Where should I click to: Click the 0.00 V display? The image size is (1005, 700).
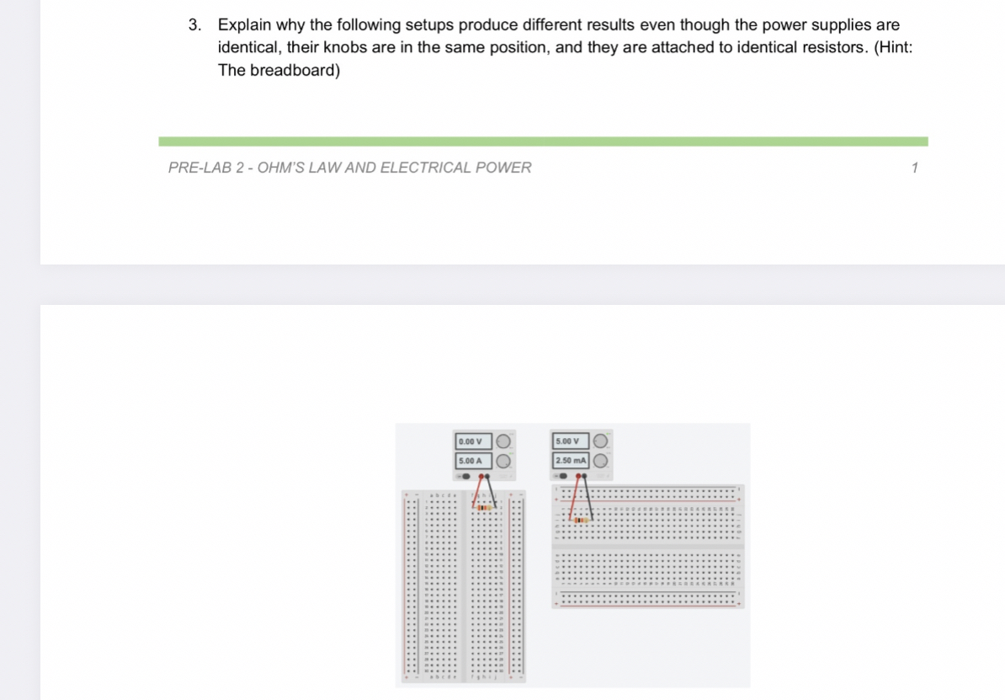pos(471,441)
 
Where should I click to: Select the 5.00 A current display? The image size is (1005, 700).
pos(471,461)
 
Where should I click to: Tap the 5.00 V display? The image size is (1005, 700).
pos(569,441)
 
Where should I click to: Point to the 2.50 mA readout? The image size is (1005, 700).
pos(570,461)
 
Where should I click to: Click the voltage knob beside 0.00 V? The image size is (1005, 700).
pos(502,441)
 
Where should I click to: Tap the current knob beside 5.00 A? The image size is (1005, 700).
pos(502,461)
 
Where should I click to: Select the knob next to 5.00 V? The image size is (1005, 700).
pos(602,441)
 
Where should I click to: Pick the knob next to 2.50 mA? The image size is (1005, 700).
pos(602,461)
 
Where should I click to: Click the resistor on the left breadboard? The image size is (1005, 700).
pos(483,508)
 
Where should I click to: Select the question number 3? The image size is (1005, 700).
pos(194,25)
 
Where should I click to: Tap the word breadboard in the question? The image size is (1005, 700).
pos(295,70)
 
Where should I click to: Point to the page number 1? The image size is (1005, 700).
pos(915,168)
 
